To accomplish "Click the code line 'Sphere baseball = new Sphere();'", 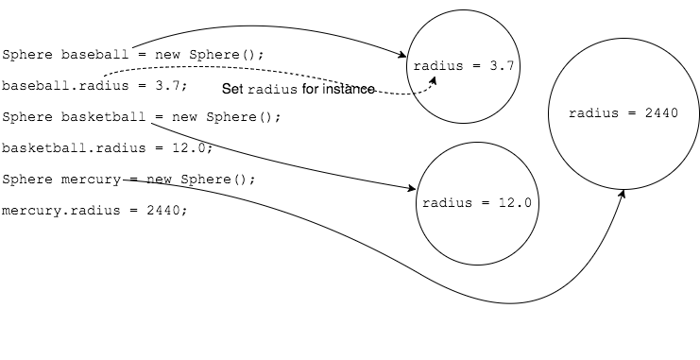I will coord(133,55).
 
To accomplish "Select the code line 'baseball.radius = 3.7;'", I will coord(94,86).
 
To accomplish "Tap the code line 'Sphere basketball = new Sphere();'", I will coord(142,117).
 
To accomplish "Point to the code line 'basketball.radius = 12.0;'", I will coord(107,148).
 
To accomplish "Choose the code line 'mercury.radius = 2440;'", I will coord(94,211).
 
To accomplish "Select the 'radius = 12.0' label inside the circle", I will coord(478,203).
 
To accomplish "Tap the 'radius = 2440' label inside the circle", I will coord(623,113).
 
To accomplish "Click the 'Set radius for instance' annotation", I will coord(299,89).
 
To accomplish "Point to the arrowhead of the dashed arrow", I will coord(435,80).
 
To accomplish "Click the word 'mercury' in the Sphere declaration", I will coord(88,180).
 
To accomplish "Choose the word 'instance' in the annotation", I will coord(350,89).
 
